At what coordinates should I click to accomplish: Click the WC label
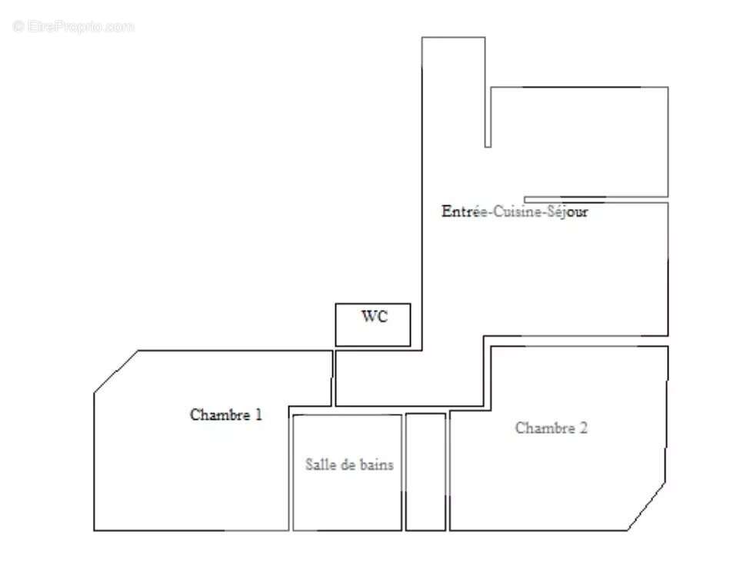[375, 318]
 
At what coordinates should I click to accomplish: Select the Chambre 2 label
[552, 428]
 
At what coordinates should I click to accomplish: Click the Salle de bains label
[350, 464]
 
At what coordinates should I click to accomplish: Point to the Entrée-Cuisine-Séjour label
[515, 211]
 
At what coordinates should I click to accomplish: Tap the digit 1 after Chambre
[258, 414]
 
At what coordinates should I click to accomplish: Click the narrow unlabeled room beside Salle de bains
[425, 471]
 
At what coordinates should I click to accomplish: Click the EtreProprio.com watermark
[74, 26]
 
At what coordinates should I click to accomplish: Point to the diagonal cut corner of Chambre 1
[115, 372]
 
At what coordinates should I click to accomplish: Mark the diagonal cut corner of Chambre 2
[647, 507]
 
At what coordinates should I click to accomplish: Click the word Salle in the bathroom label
[318, 464]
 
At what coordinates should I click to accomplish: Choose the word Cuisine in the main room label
[518, 211]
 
